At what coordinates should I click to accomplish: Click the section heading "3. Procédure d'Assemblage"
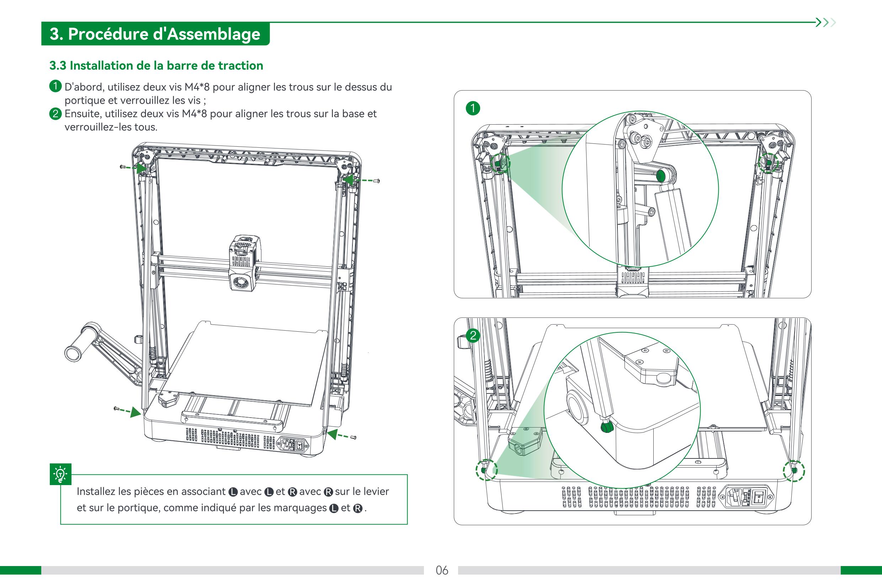point(155,34)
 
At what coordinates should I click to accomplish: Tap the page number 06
point(442,570)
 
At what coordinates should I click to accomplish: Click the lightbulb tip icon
point(60,474)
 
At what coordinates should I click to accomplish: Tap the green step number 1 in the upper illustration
point(473,108)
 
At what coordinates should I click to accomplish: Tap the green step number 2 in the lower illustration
point(473,335)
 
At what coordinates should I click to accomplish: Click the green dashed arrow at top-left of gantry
point(136,167)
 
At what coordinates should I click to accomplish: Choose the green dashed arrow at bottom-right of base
point(339,435)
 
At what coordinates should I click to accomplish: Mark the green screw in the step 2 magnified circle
point(605,428)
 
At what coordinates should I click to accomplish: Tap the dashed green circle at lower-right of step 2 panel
point(793,470)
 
